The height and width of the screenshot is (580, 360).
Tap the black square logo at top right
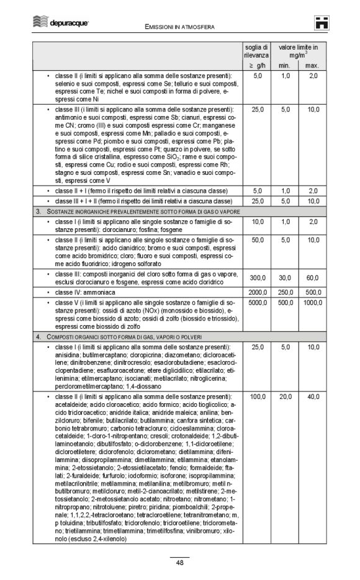click(x=321, y=23)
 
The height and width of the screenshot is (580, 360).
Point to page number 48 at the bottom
click(x=179, y=563)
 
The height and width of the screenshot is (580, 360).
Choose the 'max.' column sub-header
click(x=312, y=65)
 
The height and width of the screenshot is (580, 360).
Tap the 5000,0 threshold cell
click(x=257, y=302)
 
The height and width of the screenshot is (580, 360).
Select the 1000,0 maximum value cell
click(x=312, y=302)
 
